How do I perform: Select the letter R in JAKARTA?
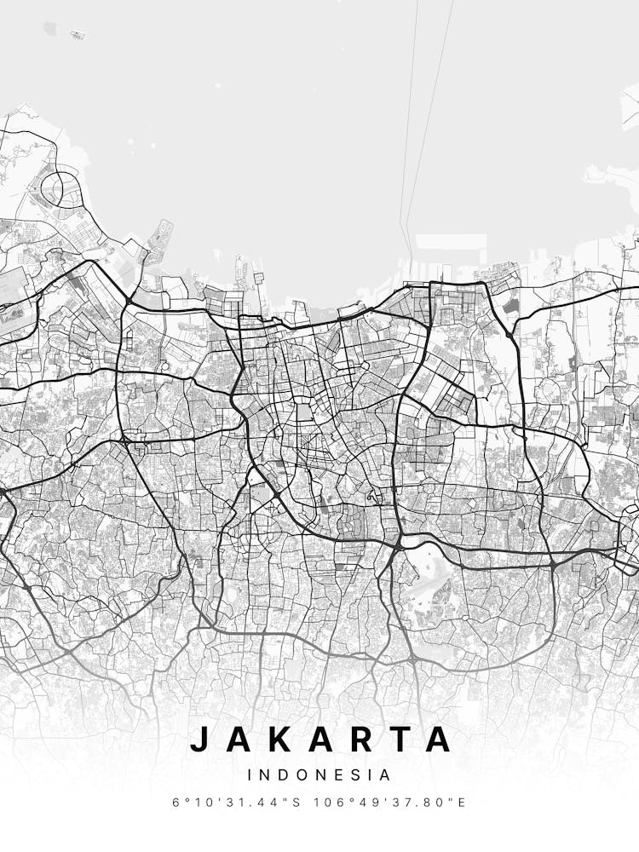pyautogui.click(x=362, y=739)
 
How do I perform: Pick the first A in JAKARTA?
pyautogui.click(x=239, y=739)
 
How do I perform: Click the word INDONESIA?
pyautogui.click(x=319, y=775)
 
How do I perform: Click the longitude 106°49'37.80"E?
pyautogui.click(x=389, y=803)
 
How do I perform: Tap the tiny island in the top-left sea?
pyautogui.click(x=78, y=35)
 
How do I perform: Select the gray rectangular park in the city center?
pyautogui.click(x=304, y=413)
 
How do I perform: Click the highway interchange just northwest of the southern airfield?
pyautogui.click(x=399, y=542)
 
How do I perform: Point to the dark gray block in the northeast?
pyautogui.click(x=511, y=304)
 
